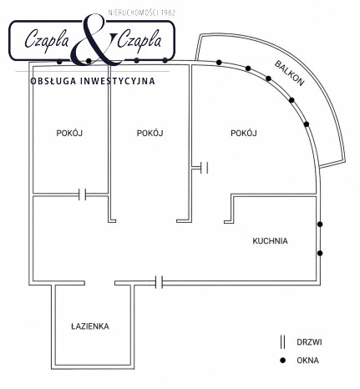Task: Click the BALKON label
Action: (289, 73)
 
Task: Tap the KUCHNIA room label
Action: (270, 241)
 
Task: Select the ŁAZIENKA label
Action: (90, 326)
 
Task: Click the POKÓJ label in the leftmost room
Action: (69, 133)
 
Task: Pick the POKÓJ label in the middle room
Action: (150, 133)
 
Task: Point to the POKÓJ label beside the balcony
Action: (244, 133)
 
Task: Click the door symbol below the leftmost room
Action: (83, 194)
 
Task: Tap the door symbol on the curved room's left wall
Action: (204, 168)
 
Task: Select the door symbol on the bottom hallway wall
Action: (160, 282)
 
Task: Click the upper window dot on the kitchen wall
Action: (320, 224)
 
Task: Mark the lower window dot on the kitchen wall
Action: (320, 253)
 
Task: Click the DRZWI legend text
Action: (309, 342)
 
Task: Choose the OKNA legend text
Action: (307, 361)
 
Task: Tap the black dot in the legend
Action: (283, 361)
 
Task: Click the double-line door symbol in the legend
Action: (283, 342)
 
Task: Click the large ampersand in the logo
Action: (96, 39)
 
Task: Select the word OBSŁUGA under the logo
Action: (53, 81)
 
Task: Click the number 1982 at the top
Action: (168, 13)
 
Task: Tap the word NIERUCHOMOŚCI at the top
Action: (134, 13)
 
